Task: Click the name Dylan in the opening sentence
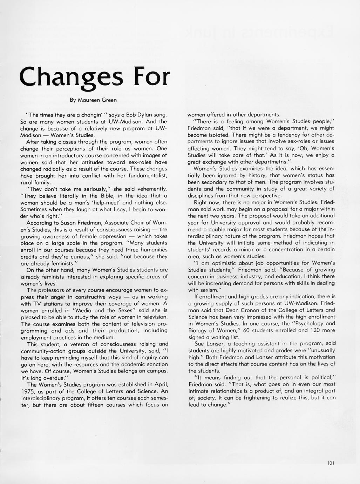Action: [x=140, y=115]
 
